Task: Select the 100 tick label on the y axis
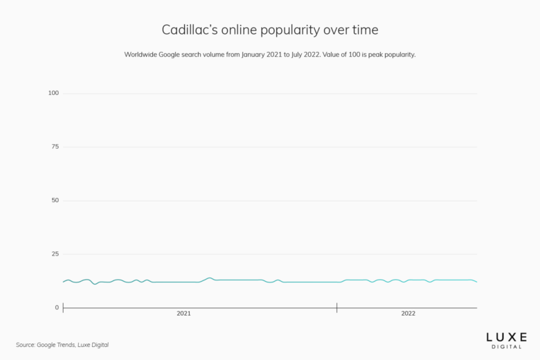53,93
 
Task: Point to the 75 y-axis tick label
55,147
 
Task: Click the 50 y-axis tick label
55,200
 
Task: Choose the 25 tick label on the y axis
55,254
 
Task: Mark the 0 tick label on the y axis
57,307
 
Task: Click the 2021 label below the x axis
183,314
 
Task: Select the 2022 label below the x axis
408,314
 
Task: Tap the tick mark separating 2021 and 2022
337,307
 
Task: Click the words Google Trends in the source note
57,345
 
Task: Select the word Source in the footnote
26,345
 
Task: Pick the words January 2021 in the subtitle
260,54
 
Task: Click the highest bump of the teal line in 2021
210,278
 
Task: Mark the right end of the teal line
477,282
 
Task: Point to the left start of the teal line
63,282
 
